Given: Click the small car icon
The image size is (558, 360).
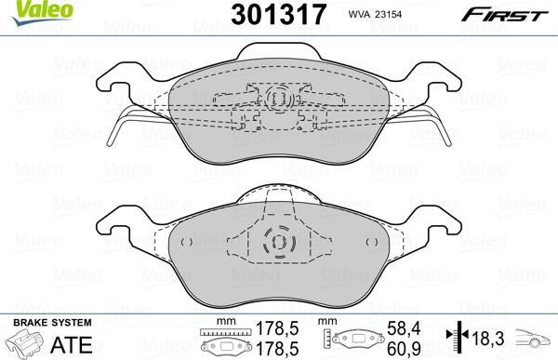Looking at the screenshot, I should click(x=535, y=341).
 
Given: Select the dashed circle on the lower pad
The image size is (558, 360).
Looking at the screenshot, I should click(x=277, y=244).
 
